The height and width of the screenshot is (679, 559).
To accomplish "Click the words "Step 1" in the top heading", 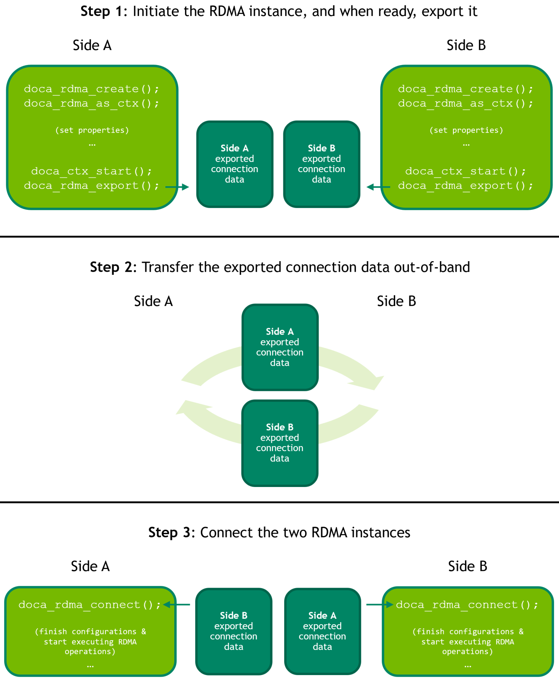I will click(x=101, y=11).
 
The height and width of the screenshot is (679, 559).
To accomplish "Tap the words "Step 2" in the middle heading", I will click(x=111, y=267).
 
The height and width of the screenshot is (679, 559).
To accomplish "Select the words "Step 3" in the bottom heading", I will click(x=169, y=532).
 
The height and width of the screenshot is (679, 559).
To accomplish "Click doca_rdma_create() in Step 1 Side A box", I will click(x=91, y=89).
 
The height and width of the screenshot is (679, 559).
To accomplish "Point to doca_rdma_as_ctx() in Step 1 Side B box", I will click(x=465, y=103).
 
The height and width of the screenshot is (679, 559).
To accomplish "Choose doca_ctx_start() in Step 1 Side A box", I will click(x=91, y=171).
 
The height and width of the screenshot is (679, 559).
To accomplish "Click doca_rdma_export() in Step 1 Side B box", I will click(x=465, y=186).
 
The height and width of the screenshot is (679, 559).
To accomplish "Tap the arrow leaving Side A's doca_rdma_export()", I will click(x=177, y=187).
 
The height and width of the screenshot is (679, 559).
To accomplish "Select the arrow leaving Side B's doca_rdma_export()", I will click(x=378, y=187).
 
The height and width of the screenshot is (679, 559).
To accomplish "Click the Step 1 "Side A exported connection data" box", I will click(x=235, y=164).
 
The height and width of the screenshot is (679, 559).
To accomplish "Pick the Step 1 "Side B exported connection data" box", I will click(x=322, y=164).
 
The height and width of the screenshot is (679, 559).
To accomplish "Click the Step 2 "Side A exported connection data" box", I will click(x=280, y=347).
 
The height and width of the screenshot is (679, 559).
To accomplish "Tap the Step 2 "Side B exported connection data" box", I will click(x=280, y=443).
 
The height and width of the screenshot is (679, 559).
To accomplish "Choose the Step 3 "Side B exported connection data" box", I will click(x=234, y=631).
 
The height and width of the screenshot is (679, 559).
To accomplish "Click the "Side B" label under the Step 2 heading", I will click(x=396, y=301).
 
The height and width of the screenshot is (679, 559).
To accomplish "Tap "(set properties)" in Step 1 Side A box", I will click(x=92, y=130).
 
